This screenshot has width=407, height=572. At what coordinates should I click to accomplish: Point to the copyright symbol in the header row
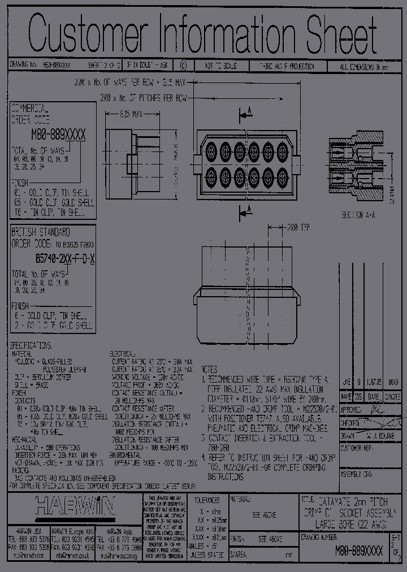tap(183, 66)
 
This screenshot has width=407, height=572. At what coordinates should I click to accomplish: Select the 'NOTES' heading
tap(210, 367)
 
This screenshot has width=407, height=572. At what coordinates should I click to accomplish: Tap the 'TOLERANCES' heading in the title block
tap(207, 500)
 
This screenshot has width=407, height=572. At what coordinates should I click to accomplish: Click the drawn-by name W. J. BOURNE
tap(375, 436)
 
